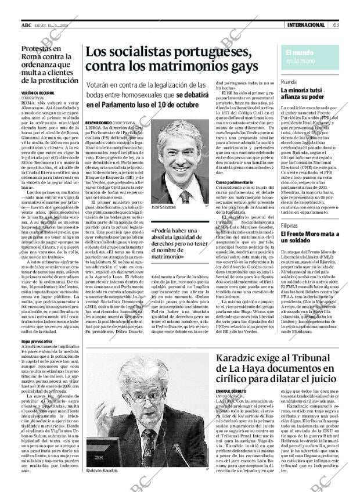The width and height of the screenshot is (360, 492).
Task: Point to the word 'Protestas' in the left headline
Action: click(x=44, y=50)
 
